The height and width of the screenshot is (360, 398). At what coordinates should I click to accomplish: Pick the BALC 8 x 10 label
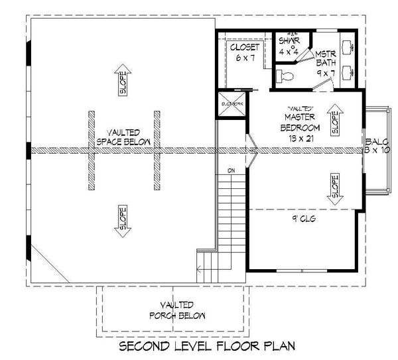(x=376, y=146)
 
